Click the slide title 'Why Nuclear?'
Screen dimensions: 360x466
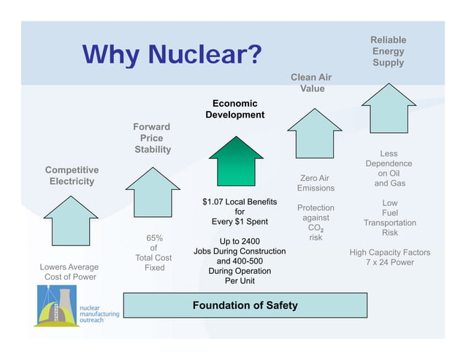tap(172, 55)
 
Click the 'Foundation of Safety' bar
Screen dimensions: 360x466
tap(245, 305)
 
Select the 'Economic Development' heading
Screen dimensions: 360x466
tap(234, 110)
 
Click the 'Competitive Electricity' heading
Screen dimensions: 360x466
tap(71, 176)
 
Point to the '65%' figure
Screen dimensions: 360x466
tap(154, 238)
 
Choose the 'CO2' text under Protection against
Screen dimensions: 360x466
tap(316, 228)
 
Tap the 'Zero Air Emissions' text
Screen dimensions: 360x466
tap(315, 183)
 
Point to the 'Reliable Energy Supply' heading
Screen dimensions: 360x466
tap(388, 51)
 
